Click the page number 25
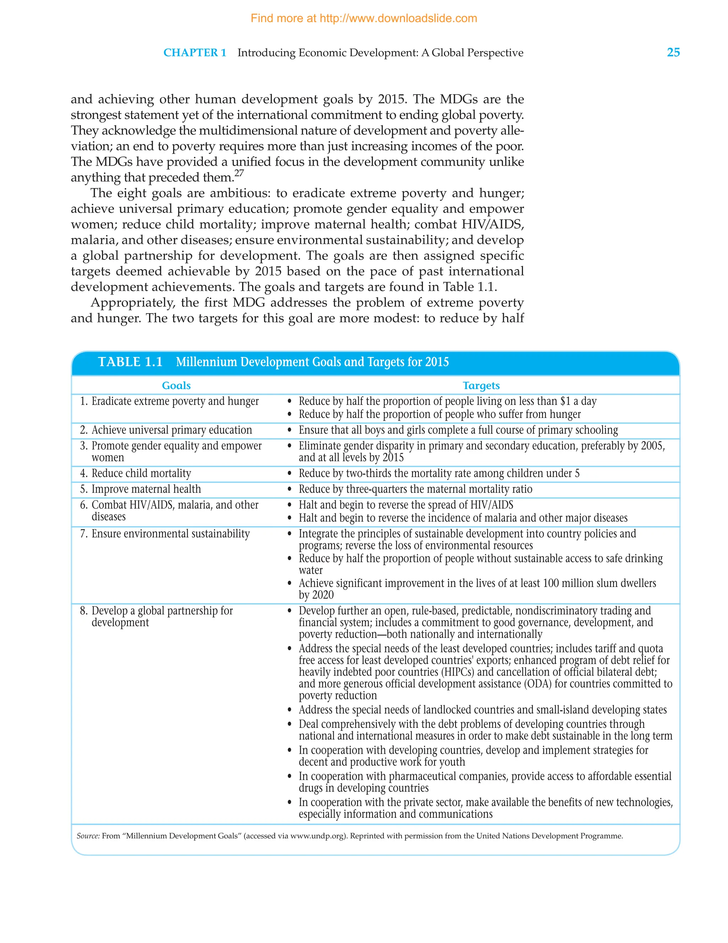click(673, 52)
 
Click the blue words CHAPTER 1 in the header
click(195, 53)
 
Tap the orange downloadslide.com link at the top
click(364, 18)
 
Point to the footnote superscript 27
click(239, 174)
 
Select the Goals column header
click(176, 385)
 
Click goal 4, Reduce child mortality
click(141, 473)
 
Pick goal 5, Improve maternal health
click(146, 489)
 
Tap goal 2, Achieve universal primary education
click(171, 430)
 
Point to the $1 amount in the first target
click(565, 401)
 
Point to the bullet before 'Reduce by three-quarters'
click(290, 490)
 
